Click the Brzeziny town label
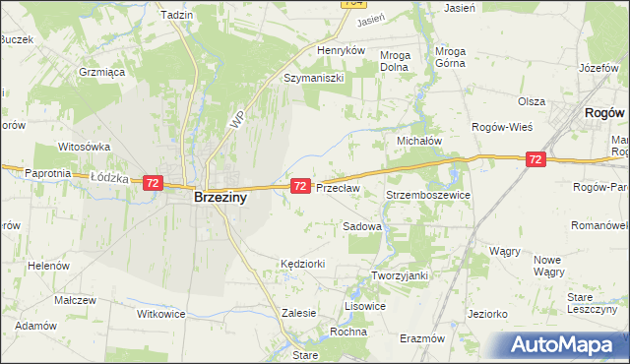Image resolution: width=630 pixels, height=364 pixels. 220,197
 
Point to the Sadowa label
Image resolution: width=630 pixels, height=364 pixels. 361,226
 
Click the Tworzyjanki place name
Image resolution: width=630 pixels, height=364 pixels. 399,275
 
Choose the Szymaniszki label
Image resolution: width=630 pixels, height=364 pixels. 312,77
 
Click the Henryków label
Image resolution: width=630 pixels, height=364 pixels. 341,50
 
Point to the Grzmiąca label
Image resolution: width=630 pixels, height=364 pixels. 100,72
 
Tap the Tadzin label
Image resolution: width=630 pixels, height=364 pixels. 176,16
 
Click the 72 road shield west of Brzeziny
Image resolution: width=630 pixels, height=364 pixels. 153,183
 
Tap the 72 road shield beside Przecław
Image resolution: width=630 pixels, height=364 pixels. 301,185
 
